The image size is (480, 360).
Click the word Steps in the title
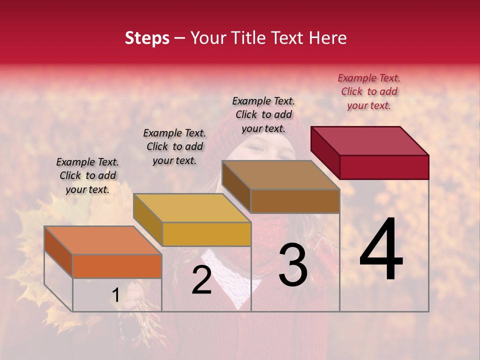(x=147, y=38)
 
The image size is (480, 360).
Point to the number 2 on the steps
(x=201, y=280)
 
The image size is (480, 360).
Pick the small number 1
(x=115, y=295)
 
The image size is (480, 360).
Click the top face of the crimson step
(x=369, y=140)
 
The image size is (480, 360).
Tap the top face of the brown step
(x=280, y=175)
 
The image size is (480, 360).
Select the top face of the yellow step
(x=191, y=207)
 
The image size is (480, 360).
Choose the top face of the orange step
(x=102, y=240)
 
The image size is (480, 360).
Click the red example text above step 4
(x=369, y=91)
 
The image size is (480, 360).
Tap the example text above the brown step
(x=263, y=114)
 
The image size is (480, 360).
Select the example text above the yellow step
(x=174, y=146)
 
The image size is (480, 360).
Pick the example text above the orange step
(x=87, y=175)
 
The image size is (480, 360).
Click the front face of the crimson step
(x=384, y=167)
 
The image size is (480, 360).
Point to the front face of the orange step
(x=117, y=266)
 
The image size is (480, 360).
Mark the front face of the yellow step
(x=206, y=234)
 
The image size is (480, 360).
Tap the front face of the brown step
(x=295, y=201)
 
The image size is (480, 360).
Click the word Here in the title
(x=327, y=38)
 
